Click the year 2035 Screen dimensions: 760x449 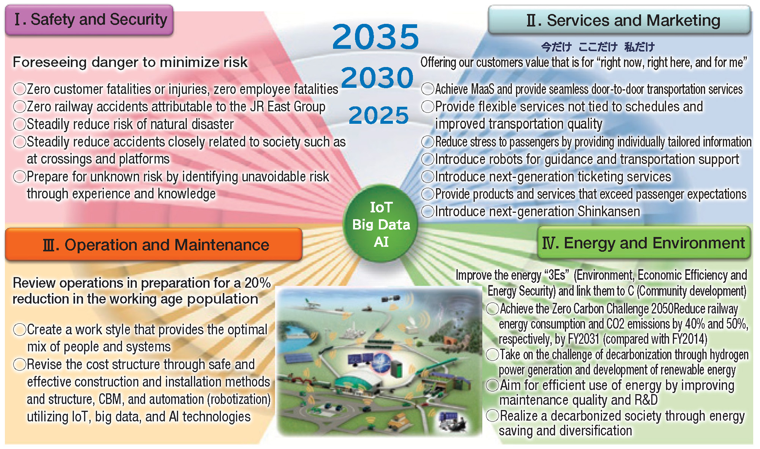375,36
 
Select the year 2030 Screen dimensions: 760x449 377,77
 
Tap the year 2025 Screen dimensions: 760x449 378,115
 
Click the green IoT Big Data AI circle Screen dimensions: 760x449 381,224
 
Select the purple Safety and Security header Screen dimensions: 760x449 89,20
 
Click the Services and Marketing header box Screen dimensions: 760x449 619,20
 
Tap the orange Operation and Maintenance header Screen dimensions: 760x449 154,245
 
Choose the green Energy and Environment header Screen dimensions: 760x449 644,243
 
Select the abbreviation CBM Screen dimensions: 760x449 110,399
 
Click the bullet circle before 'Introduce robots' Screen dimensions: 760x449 428,159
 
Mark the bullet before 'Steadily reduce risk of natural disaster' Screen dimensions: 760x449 19,124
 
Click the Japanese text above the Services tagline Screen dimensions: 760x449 598,47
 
